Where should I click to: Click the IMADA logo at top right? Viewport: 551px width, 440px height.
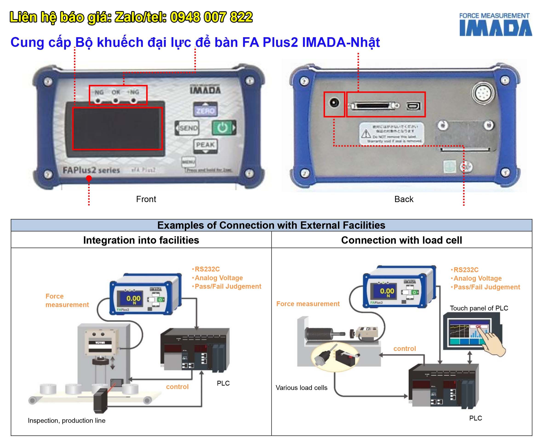point(496,25)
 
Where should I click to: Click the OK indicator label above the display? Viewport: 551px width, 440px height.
point(116,92)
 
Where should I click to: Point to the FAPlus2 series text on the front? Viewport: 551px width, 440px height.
point(91,170)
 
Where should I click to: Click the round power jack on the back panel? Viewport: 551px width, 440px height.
point(334,103)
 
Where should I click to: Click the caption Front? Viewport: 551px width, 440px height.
point(146,199)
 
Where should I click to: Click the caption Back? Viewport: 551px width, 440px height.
point(404,199)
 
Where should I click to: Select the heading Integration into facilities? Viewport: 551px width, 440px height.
point(141,240)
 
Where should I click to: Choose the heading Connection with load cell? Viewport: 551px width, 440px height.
point(402,240)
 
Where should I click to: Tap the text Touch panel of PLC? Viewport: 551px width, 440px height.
point(479,308)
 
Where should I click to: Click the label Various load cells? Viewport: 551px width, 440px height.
point(302,388)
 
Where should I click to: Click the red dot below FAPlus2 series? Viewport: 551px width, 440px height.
point(89,178)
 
